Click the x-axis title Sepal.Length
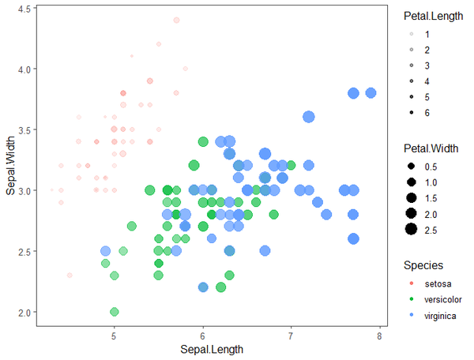coord(211,349)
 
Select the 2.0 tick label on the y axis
coord(24,312)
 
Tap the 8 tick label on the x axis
coord(379,334)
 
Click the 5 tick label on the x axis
coord(115,334)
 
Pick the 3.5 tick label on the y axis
coord(24,129)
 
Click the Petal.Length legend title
coord(431,16)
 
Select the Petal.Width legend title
coord(430,148)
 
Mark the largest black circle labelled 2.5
coord(411,230)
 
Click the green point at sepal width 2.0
coord(115,312)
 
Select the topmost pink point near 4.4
coord(176,20)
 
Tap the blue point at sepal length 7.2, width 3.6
coord(309,117)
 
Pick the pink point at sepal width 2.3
coord(70,276)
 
